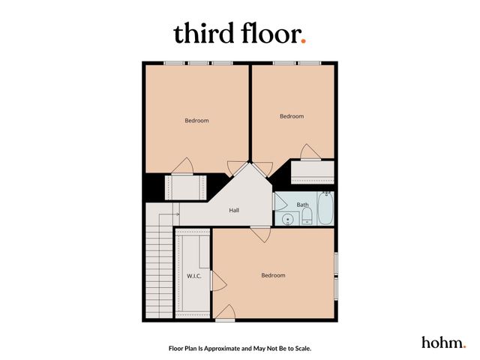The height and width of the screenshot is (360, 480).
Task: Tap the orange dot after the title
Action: coord(303,41)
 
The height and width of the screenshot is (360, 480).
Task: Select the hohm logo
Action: coord(442,342)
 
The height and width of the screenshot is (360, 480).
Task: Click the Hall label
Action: coord(234,211)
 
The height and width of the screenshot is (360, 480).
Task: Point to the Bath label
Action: coord(302,204)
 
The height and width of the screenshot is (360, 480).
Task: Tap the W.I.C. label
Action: coord(194,276)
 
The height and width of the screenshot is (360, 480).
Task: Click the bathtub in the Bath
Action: coord(325,209)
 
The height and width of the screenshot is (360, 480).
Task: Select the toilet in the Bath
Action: coord(306,218)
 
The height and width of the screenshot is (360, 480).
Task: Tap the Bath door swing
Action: coord(278,202)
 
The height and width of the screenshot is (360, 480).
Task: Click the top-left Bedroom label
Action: coord(196,120)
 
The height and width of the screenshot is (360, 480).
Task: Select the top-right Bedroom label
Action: coord(292,116)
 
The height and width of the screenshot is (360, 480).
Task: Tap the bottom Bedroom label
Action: coord(273,275)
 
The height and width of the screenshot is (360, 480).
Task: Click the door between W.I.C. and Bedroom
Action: coord(217,281)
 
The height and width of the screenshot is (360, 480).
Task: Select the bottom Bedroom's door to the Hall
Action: coord(261,234)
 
